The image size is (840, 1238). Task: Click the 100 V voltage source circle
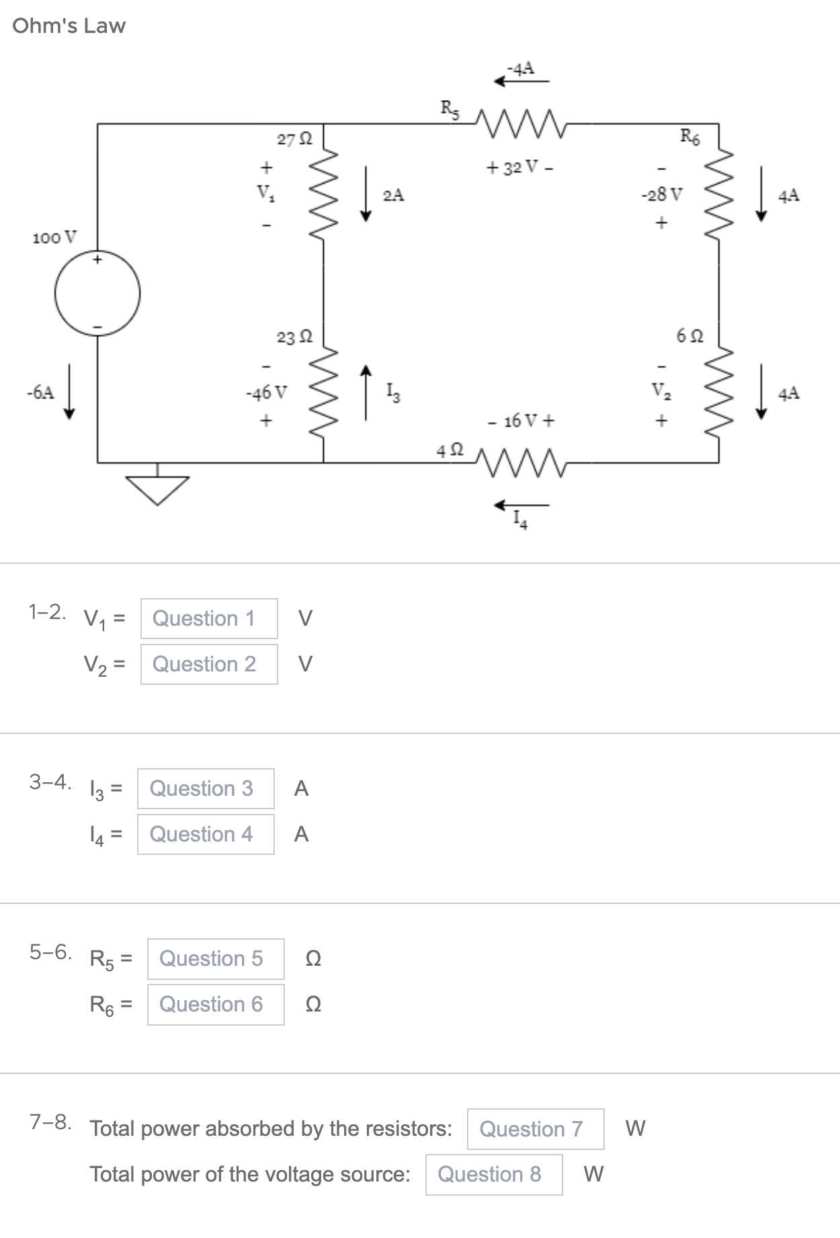[x=97, y=293]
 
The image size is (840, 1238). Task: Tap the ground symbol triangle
[x=159, y=489]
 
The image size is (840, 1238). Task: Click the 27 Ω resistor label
[x=294, y=140]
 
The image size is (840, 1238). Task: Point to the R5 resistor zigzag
[x=521, y=124]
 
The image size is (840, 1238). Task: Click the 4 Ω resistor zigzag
[x=521, y=462]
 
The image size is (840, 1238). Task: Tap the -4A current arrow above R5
[x=521, y=81]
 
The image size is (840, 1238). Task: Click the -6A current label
[x=40, y=393]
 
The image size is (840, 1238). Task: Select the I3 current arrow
[x=366, y=393]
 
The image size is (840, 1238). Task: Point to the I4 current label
[x=520, y=520]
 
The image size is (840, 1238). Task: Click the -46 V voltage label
[x=266, y=393]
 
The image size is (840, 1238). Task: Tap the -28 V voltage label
[x=662, y=195]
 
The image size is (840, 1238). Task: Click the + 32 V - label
[x=521, y=167]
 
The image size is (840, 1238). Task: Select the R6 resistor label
[x=689, y=137]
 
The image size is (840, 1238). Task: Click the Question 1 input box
[x=209, y=618]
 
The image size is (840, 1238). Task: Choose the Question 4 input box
[x=206, y=834]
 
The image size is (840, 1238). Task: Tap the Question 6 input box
[x=216, y=1004]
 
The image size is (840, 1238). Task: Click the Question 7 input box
[x=536, y=1128]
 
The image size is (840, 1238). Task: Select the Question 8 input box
[x=494, y=1174]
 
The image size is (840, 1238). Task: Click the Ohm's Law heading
[x=69, y=26]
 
